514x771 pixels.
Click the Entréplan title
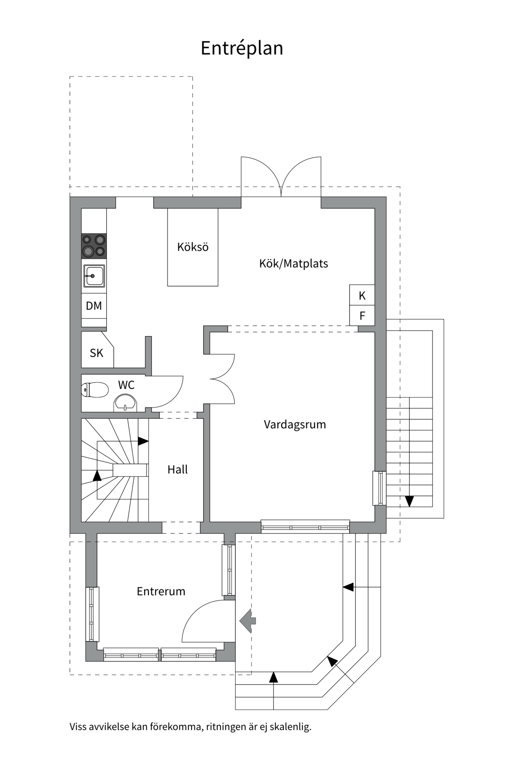[x=242, y=48]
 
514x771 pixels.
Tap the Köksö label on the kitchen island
[x=193, y=247]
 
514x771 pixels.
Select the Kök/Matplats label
[x=294, y=263]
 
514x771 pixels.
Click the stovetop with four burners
[x=94, y=246]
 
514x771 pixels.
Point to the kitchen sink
[x=94, y=276]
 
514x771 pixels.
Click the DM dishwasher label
[x=94, y=306]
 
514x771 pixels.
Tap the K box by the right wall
[x=362, y=296]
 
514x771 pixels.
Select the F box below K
[x=362, y=316]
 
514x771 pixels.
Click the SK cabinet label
[x=96, y=353]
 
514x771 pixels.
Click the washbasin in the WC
[x=125, y=403]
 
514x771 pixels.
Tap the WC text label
[x=126, y=385]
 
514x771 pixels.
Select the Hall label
[x=177, y=469]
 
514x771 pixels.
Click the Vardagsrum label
[x=295, y=424]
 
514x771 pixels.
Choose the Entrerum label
[x=161, y=591]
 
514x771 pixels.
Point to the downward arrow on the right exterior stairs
[x=409, y=501]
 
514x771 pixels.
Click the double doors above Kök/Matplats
[x=281, y=177]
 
